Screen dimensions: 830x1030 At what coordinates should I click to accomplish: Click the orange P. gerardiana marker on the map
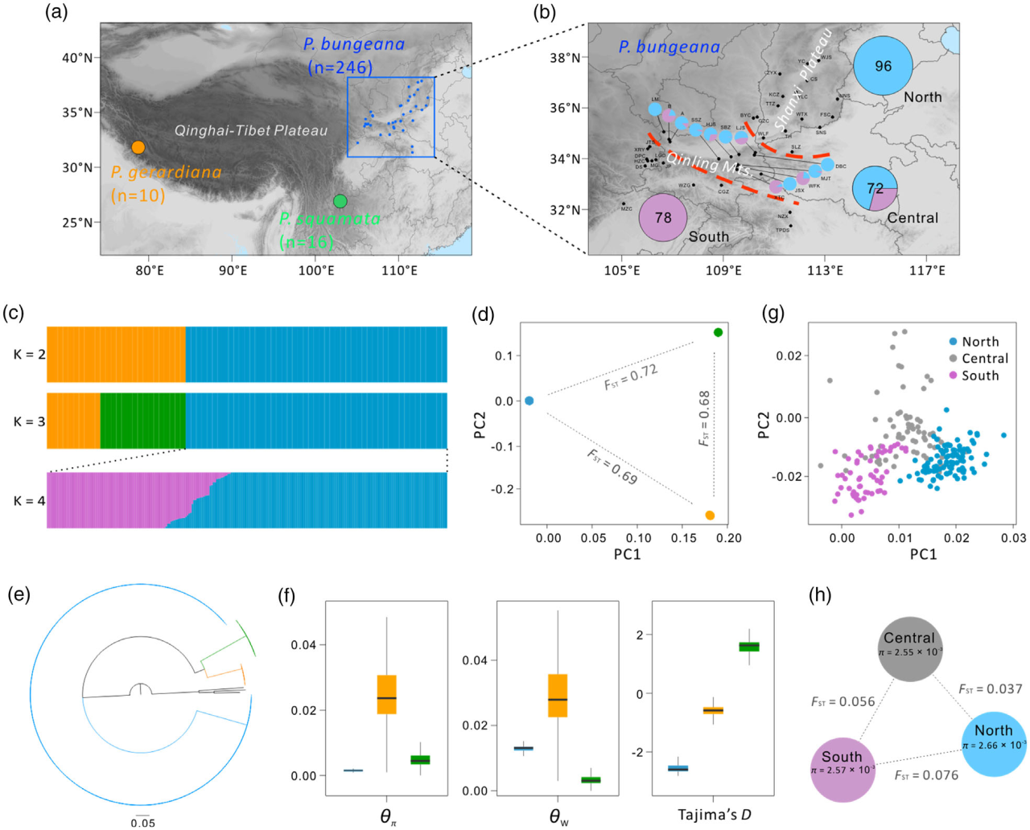click(138, 147)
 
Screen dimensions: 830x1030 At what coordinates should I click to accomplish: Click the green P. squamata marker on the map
click(340, 201)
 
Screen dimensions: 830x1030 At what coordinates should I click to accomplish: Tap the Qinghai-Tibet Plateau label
click(251, 130)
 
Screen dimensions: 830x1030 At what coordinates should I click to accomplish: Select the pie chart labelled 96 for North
click(883, 66)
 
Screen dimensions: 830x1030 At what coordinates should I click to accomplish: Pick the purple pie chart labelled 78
click(663, 217)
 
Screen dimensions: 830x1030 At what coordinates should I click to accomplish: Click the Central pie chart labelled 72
click(875, 188)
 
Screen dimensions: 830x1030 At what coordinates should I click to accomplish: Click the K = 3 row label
click(29, 421)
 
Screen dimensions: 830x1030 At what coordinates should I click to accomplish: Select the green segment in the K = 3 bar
click(142, 421)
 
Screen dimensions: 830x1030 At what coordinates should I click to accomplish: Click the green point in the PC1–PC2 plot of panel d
click(718, 332)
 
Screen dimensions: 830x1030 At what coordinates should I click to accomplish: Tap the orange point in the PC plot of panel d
click(710, 516)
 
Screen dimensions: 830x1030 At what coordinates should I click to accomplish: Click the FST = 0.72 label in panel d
click(631, 376)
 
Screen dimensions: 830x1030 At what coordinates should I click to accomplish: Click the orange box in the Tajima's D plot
click(713, 710)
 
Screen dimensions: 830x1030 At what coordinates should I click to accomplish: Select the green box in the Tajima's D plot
click(749, 647)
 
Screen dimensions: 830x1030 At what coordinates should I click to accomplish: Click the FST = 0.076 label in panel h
click(926, 775)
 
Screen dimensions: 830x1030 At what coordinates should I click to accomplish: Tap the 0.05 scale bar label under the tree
click(143, 823)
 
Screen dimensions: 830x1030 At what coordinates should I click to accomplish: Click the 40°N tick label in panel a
click(77, 58)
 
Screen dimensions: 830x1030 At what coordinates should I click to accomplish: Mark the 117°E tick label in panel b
click(927, 270)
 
